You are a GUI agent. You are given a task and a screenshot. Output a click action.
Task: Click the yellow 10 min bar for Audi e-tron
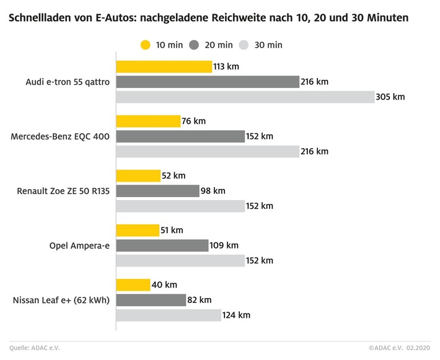(x=164, y=67)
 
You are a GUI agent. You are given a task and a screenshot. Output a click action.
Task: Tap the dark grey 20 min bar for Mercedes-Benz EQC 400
(x=180, y=136)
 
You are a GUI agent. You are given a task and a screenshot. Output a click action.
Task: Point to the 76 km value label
(x=193, y=121)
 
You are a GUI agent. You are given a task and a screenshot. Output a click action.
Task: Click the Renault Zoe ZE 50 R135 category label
(x=63, y=191)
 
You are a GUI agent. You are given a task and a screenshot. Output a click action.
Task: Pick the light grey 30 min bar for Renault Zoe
(x=180, y=206)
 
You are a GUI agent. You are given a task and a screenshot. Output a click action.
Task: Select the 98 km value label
(x=213, y=191)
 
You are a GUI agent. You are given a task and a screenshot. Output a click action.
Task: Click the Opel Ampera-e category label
(x=79, y=246)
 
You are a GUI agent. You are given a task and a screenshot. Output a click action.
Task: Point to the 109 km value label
(x=224, y=245)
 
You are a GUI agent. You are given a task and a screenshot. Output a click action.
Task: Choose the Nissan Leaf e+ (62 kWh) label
(x=61, y=301)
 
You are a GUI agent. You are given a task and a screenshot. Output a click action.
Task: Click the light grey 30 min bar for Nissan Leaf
(x=169, y=315)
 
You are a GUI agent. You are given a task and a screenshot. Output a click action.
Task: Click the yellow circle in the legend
(x=146, y=45)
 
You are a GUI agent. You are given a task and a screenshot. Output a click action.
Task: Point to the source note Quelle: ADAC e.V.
(x=35, y=348)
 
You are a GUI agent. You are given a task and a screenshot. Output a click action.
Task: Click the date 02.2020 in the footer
(x=416, y=348)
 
